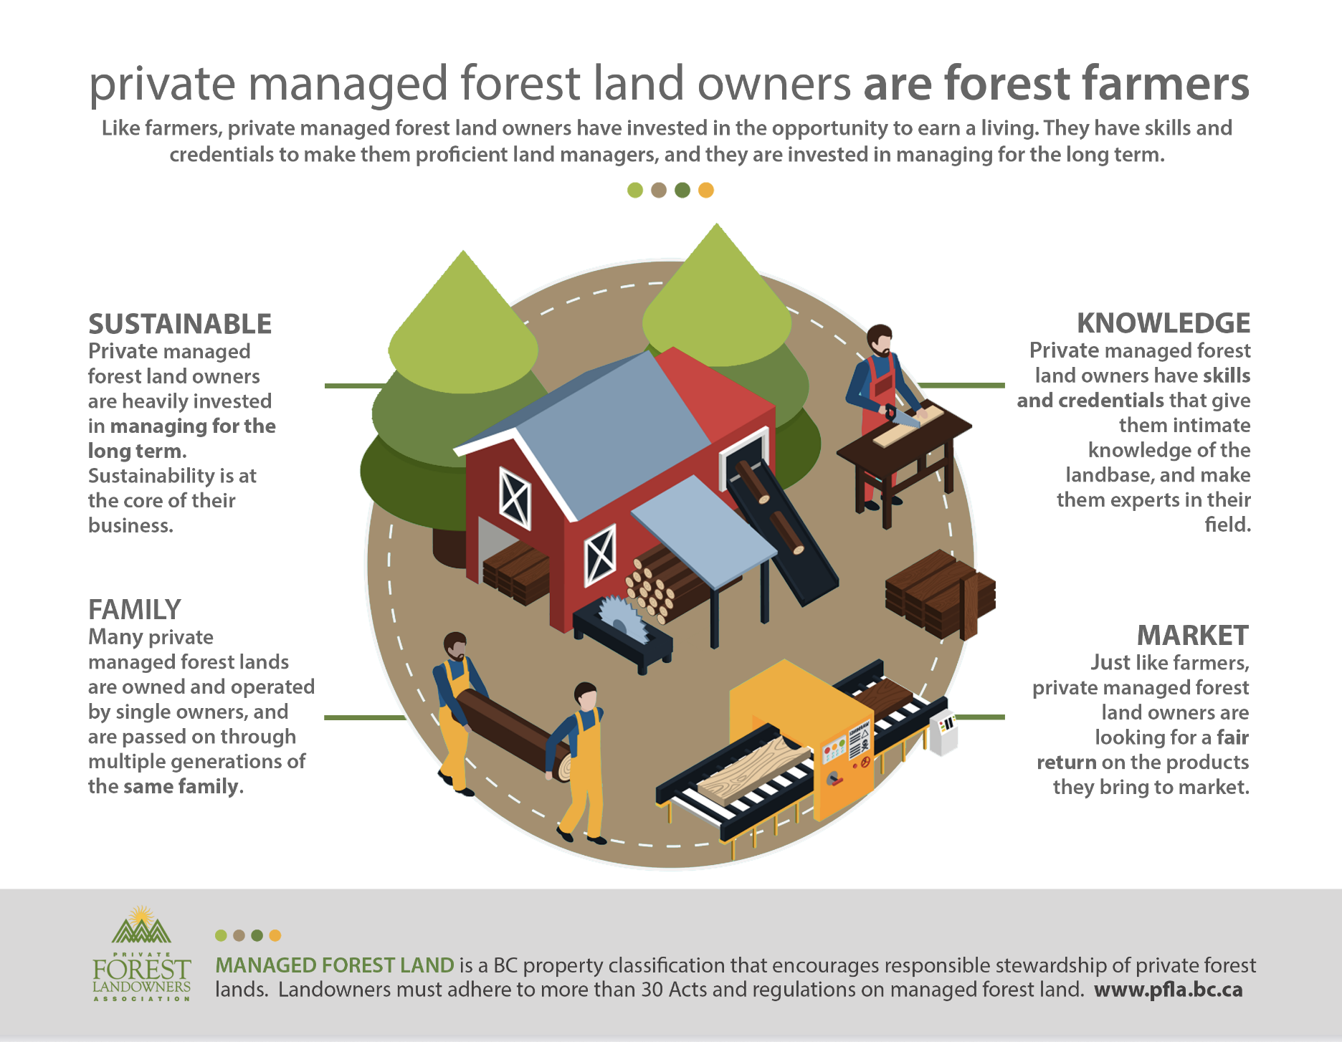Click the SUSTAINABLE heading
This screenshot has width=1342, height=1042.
point(180,324)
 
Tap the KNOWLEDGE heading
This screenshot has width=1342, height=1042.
point(1163,323)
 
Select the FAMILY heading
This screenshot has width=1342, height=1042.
point(135,610)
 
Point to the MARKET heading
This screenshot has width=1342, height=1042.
point(1193,636)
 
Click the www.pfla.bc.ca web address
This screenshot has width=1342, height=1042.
point(1169,990)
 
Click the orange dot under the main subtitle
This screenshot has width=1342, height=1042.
point(706,190)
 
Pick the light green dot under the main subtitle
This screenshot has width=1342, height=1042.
point(635,190)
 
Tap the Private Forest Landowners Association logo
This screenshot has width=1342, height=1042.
point(142,953)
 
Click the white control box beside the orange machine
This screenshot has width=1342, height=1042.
point(943,732)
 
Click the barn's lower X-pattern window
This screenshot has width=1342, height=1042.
point(600,555)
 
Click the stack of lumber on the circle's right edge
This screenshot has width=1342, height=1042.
point(941,594)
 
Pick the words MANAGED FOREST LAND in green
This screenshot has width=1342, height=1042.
point(335,965)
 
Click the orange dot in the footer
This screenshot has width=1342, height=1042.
point(275,935)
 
